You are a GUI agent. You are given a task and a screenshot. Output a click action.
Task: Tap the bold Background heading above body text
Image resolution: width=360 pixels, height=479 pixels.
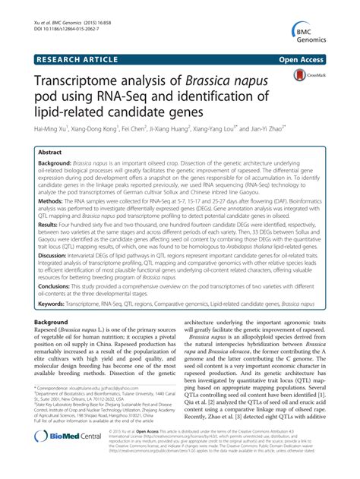coord(51,322)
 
